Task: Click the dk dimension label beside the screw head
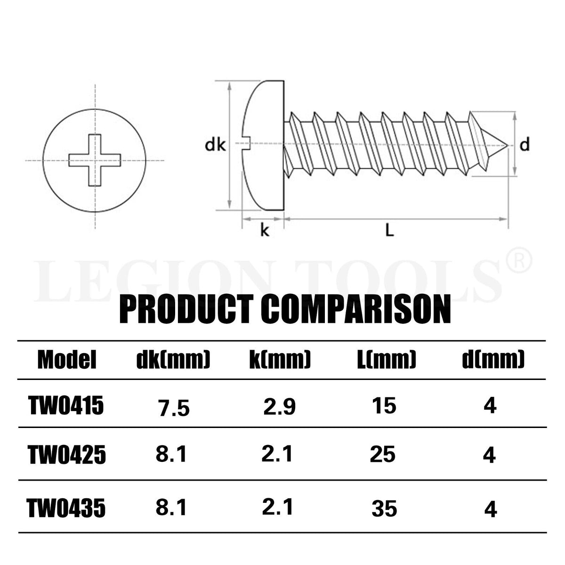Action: (216, 145)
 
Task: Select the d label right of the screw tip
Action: (525, 145)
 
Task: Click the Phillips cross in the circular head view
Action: (95, 160)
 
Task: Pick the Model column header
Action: (67, 360)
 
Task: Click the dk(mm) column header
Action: (173, 360)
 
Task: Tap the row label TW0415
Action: (66, 406)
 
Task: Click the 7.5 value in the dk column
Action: (173, 408)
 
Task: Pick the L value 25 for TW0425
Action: (382, 455)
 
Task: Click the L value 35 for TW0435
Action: (384, 509)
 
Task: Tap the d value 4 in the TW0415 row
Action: (490, 406)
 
